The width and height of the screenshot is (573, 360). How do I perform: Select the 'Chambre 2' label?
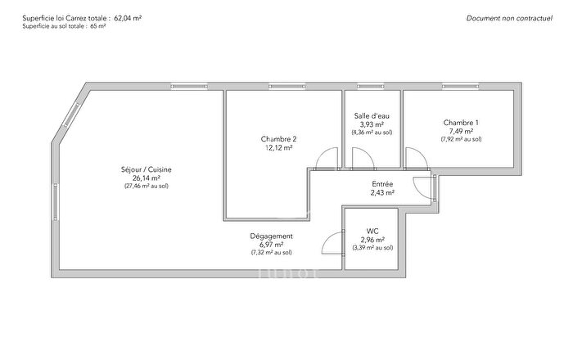click(x=279, y=139)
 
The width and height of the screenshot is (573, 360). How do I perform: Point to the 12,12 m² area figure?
click(x=279, y=148)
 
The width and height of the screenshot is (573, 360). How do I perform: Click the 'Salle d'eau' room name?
click(x=372, y=116)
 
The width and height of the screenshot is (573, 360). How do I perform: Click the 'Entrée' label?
click(x=382, y=185)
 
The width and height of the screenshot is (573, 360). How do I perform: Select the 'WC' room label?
click(x=372, y=231)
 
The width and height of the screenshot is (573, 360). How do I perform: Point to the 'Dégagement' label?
click(x=271, y=236)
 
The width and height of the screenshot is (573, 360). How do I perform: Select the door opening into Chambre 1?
click(x=414, y=160)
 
